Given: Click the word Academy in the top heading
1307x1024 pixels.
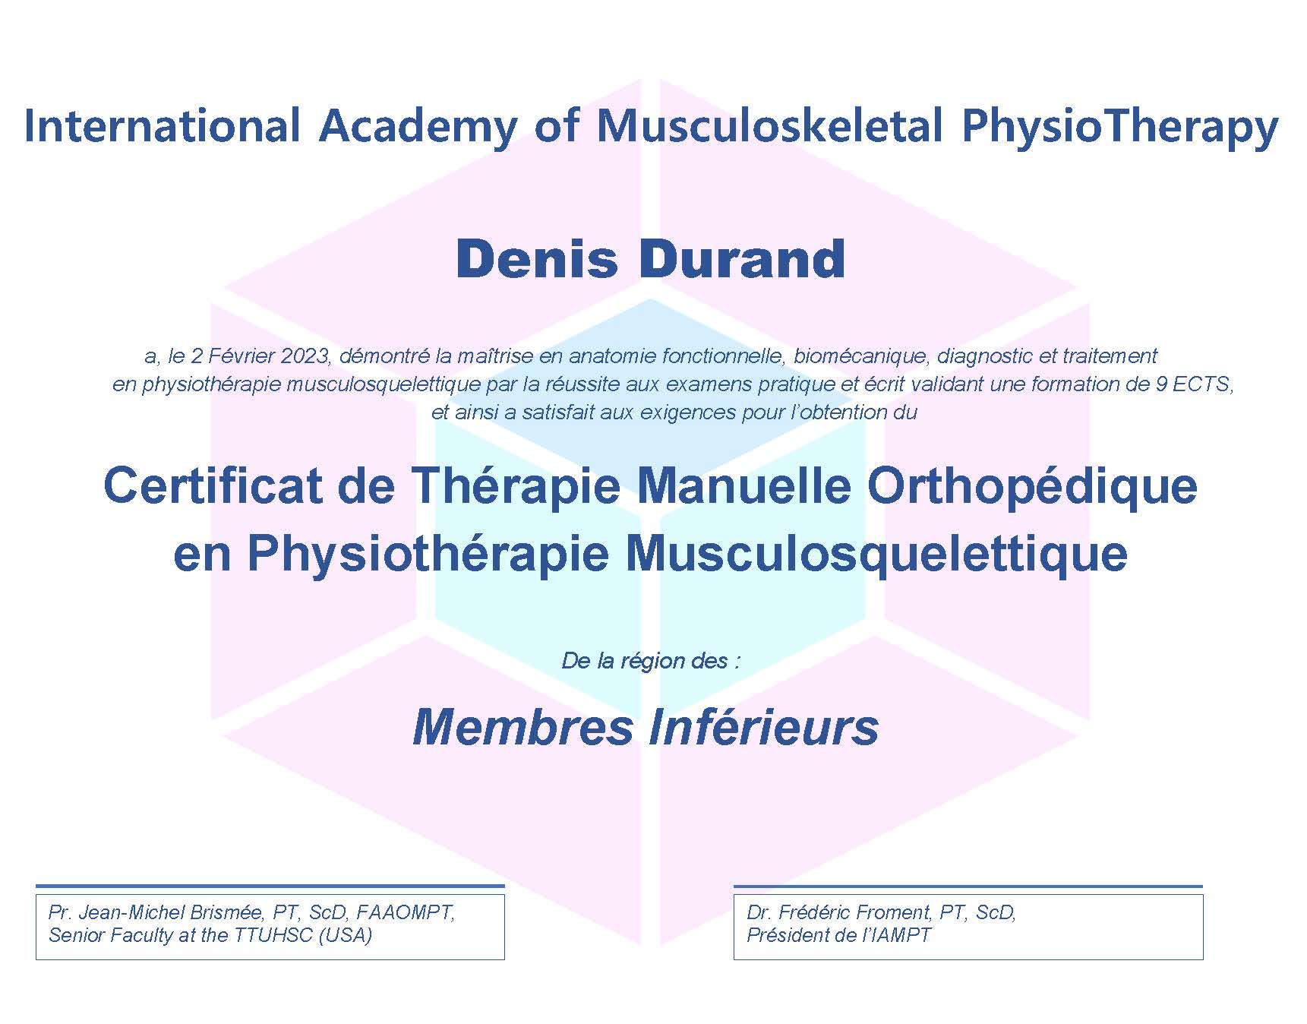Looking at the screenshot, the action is tap(418, 127).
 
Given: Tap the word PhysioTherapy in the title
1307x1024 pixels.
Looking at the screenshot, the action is tap(1120, 127).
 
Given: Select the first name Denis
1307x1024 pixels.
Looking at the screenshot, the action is tap(537, 259).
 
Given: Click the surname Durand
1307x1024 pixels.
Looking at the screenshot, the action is tap(742, 259).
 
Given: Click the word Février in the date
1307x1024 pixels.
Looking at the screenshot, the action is tap(242, 356).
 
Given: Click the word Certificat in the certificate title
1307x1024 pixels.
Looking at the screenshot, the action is tap(212, 485).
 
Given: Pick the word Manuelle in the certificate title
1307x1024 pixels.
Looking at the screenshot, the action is tap(743, 485).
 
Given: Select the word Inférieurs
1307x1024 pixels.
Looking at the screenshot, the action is tap(764, 726).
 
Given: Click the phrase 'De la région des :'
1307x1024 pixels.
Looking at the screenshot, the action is tap(651, 661).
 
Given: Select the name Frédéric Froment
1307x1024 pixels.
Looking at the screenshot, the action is tap(854, 912).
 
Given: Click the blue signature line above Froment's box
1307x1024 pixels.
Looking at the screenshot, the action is tap(968, 886).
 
